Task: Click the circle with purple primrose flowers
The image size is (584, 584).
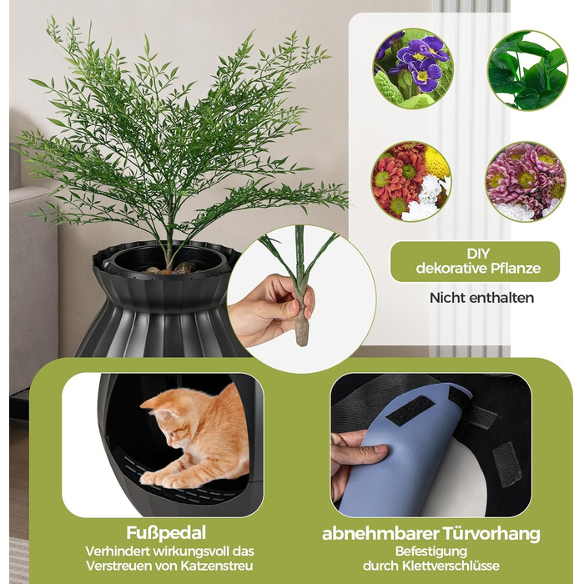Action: [413, 69]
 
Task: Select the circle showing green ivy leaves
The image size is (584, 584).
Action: [528, 70]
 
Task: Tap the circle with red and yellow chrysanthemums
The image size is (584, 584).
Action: [411, 181]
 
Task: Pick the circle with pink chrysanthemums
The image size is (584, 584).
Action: [526, 181]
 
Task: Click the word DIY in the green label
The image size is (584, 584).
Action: [478, 254]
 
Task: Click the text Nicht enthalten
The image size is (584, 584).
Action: [481, 298]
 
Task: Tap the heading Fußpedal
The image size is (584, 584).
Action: [166, 533]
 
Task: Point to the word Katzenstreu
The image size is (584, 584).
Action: [217, 566]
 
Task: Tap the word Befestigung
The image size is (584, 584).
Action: [431, 551]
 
